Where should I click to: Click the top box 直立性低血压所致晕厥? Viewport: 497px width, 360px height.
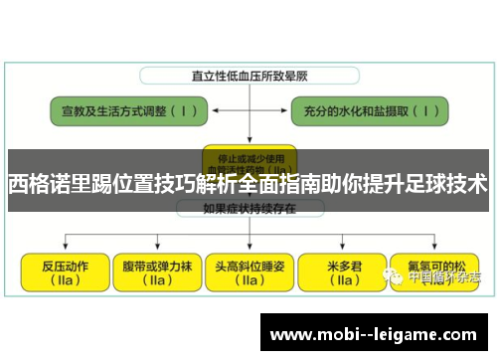248,76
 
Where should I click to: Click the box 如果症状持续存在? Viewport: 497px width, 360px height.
248,209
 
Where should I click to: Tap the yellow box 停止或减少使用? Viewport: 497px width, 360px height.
248,158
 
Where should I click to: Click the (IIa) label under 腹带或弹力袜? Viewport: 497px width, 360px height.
157,281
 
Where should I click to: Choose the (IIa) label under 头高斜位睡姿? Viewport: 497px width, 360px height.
248,281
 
